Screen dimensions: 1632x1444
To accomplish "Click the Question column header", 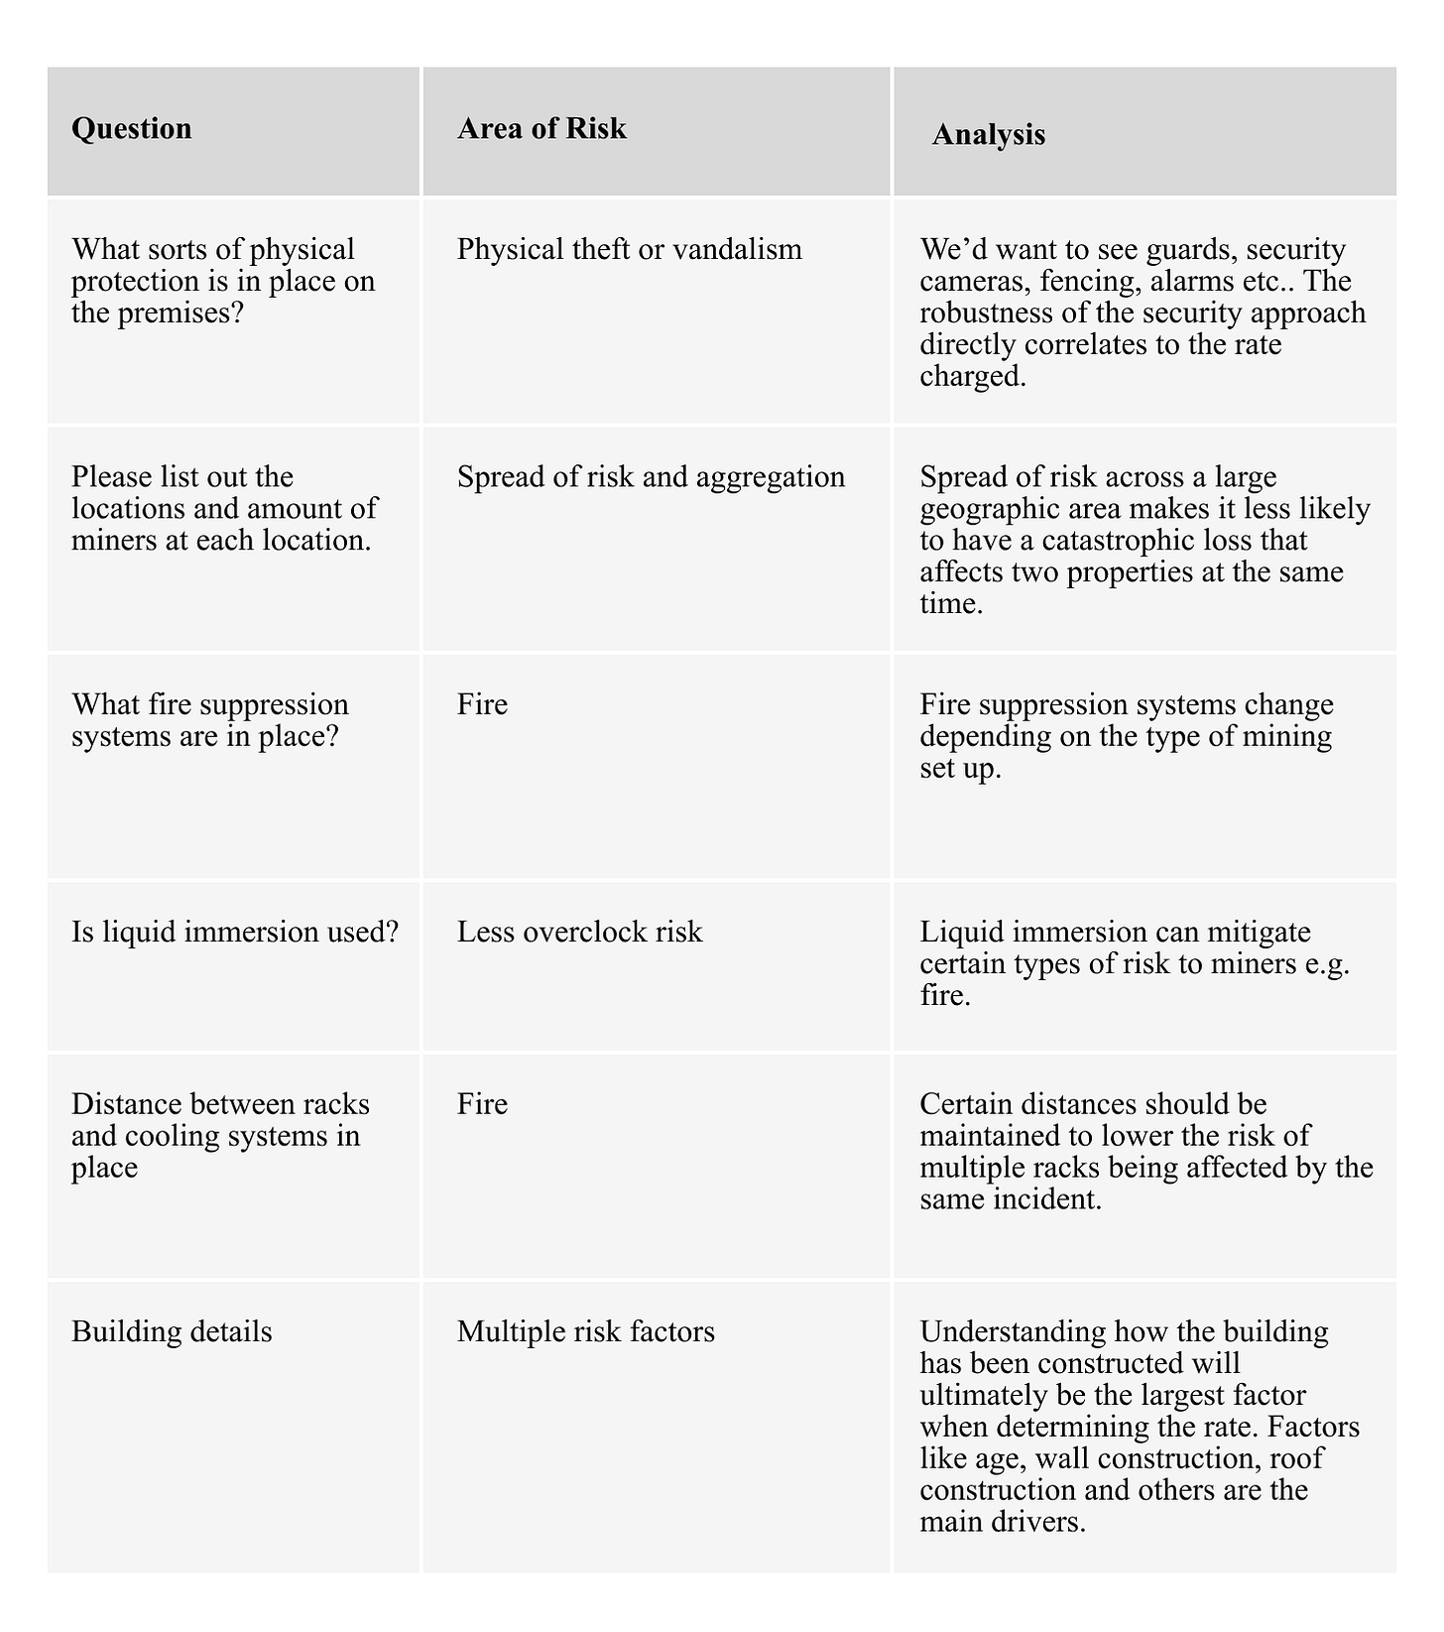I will [x=132, y=129].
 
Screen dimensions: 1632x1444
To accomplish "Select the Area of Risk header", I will [x=541, y=129].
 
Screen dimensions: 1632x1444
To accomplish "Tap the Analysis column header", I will [x=989, y=135].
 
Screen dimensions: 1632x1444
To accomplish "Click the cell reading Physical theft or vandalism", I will [x=629, y=249].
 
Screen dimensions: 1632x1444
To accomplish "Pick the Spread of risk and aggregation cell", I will [x=651, y=477].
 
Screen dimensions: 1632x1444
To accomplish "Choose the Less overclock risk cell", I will [x=579, y=932].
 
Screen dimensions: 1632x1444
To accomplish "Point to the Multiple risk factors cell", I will [x=585, y=1331].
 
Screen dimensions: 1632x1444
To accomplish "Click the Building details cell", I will [x=172, y=1331].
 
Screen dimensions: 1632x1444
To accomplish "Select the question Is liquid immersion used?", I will [x=234, y=932].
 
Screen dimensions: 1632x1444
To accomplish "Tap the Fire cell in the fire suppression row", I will [x=482, y=704].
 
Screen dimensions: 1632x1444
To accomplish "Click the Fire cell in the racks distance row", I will [x=482, y=1104].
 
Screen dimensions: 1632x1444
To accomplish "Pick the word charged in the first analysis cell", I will [x=972, y=376].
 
